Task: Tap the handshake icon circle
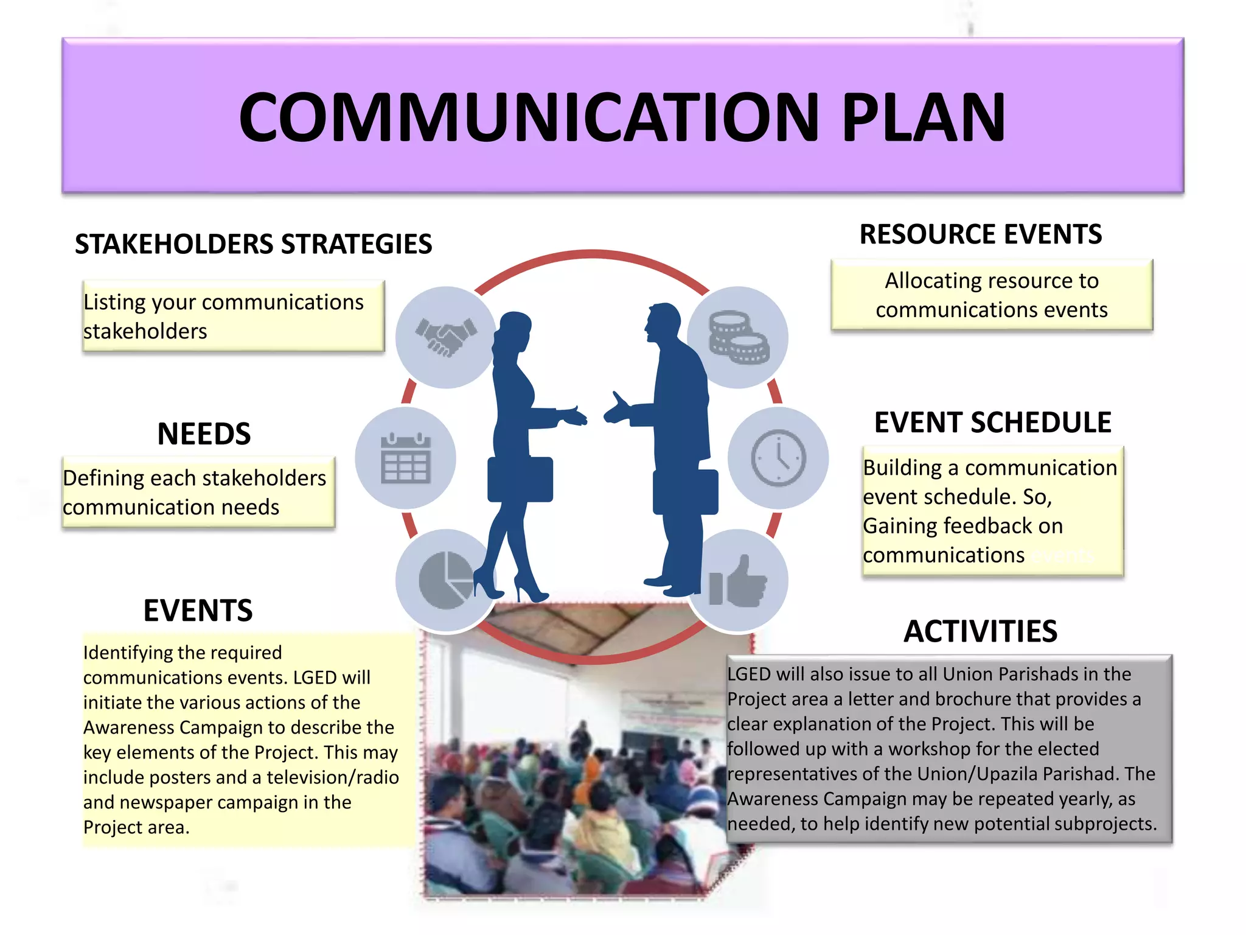click(x=445, y=337)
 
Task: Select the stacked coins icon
click(x=739, y=337)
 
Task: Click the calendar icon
click(x=406, y=458)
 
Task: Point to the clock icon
click(x=778, y=458)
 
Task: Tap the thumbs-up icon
click(x=739, y=581)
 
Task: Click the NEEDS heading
click(x=204, y=434)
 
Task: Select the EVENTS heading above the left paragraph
click(x=198, y=611)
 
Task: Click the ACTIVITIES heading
click(x=980, y=631)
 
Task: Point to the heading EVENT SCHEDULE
click(x=992, y=422)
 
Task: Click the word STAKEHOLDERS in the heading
click(x=174, y=244)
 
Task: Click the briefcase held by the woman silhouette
click(x=520, y=480)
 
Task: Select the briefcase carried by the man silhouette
click(x=686, y=491)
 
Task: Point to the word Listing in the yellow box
click(x=114, y=302)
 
